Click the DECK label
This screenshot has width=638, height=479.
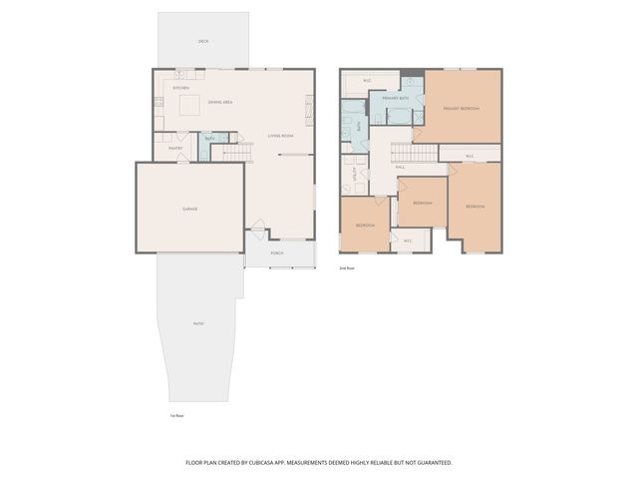[x=203, y=41]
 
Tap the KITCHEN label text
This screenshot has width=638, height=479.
[x=181, y=88]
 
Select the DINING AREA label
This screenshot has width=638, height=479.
[x=220, y=102]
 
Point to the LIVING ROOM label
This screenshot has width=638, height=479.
[x=280, y=135]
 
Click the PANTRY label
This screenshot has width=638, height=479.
[x=174, y=149]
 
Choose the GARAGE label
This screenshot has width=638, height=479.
[x=189, y=209]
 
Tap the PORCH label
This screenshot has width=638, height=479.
[x=277, y=253]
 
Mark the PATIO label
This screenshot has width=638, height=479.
[x=198, y=323]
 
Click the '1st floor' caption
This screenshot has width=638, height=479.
[x=176, y=414]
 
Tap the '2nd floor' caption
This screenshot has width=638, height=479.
[x=347, y=268]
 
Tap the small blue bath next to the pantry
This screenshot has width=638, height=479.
[x=208, y=145]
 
